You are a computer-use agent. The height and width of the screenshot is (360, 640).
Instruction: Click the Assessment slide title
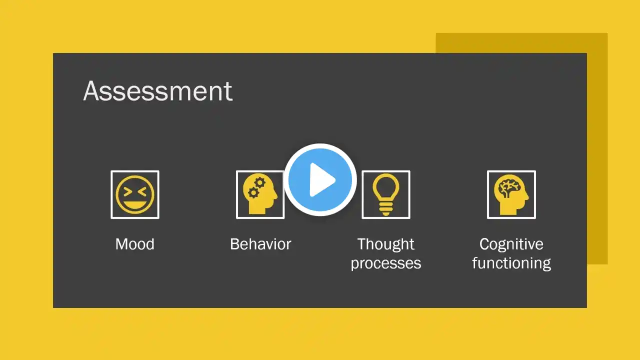click(157, 91)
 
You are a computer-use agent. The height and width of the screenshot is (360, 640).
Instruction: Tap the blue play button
click(320, 179)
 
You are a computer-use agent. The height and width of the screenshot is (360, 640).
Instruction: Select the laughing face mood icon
click(135, 194)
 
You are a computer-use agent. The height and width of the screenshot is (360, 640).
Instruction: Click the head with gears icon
click(259, 194)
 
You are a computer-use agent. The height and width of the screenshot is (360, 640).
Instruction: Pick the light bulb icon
click(385, 194)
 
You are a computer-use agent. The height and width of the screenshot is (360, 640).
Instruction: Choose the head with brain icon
click(511, 194)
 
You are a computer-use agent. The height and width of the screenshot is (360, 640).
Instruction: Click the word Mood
click(135, 244)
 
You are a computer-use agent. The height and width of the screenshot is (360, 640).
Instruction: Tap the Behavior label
click(260, 244)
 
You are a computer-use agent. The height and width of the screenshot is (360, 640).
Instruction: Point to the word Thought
click(385, 244)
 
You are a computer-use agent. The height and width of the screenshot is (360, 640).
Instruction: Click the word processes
click(385, 263)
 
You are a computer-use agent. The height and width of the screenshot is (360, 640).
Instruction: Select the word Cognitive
click(511, 244)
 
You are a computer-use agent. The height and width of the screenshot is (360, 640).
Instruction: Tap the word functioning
click(511, 263)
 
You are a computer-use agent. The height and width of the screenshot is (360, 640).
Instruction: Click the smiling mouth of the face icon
click(135, 205)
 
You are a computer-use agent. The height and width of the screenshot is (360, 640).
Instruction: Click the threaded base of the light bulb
click(385, 209)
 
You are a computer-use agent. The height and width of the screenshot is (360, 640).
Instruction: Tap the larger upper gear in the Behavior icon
click(259, 182)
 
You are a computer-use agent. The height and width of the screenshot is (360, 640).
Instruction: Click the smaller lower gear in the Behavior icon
click(253, 192)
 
